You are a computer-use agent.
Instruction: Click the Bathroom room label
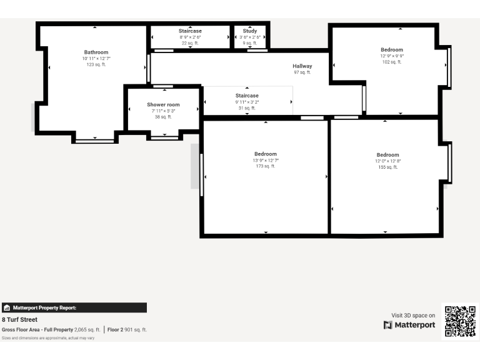(x=96, y=52)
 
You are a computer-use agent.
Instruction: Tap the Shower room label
(x=163, y=105)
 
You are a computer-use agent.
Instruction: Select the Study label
(x=250, y=31)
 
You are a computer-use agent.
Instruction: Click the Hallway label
(x=302, y=66)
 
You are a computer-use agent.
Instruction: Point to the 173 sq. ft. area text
(x=266, y=166)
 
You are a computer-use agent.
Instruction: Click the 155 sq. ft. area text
(x=387, y=167)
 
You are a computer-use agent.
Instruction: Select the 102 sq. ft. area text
(x=392, y=62)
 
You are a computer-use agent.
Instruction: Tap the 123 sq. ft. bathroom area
(x=96, y=64)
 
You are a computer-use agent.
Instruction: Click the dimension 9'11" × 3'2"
(x=247, y=102)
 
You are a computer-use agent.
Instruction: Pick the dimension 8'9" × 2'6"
(x=190, y=37)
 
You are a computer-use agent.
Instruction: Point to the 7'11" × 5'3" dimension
(x=163, y=111)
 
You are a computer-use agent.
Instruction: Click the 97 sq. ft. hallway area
(x=302, y=72)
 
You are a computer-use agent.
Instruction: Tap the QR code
(x=461, y=321)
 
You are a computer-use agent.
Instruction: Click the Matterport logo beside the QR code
(x=409, y=325)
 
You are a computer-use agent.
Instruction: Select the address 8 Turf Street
(x=19, y=319)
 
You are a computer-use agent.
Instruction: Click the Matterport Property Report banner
(x=74, y=307)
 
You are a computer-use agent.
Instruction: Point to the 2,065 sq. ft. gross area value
(x=87, y=329)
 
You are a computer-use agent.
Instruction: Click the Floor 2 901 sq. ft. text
(x=127, y=329)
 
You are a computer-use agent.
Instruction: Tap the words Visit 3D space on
(x=413, y=316)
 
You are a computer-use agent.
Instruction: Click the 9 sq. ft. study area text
(x=250, y=43)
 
